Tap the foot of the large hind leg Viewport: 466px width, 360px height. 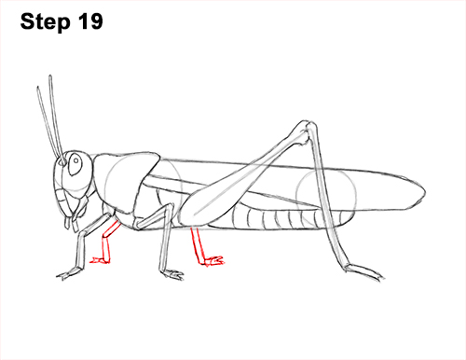coord(359,270)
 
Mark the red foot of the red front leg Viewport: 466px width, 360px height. coord(103,261)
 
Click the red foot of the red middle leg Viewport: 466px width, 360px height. coord(213,260)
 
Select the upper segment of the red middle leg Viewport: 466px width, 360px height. coord(197,242)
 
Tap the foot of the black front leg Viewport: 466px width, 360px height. coord(70,274)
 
